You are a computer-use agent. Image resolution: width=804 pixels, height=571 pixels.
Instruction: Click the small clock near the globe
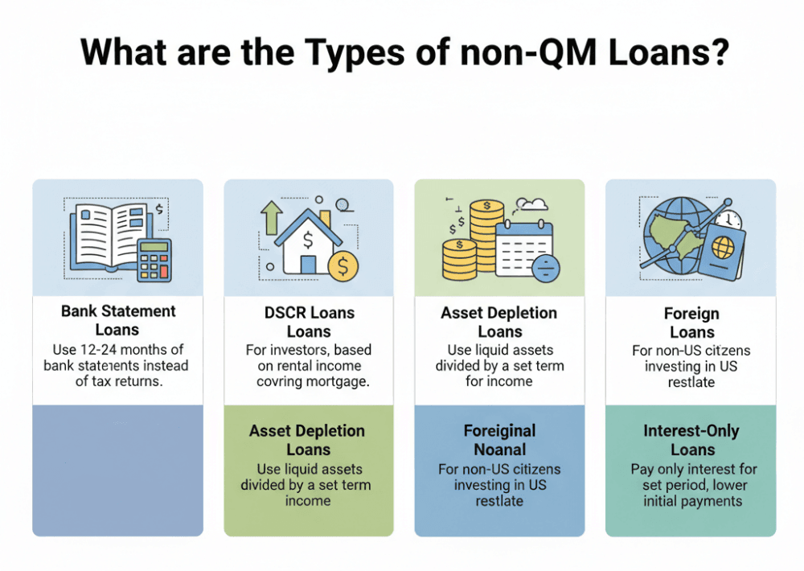[731, 221]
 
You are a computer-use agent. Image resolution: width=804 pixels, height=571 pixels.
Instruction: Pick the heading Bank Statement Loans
[117, 320]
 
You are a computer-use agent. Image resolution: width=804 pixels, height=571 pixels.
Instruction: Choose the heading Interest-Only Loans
[691, 440]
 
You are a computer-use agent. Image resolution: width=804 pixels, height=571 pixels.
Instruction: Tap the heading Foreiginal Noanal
[499, 440]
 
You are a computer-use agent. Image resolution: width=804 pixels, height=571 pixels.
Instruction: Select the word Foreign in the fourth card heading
[691, 314]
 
